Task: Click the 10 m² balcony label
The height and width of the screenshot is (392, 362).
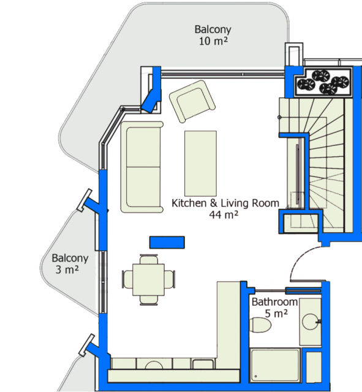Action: pos(213,35)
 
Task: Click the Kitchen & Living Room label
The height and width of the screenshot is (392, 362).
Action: pos(225,208)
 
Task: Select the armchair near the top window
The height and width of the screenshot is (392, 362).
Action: pos(192,101)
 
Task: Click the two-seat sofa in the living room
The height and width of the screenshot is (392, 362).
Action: pos(141,167)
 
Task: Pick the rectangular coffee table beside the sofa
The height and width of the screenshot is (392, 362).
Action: pos(200,164)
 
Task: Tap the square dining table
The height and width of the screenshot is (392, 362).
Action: pos(148,279)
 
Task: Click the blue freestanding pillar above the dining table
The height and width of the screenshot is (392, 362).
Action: pos(167,243)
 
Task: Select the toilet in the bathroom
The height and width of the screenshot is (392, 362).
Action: pos(260,325)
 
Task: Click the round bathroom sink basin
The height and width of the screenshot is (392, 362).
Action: pos(310,322)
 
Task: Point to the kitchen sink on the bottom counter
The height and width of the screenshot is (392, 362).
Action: pos(154,365)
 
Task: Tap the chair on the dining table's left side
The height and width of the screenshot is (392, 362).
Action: pos(127,279)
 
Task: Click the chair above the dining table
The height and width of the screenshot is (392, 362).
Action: pos(149,259)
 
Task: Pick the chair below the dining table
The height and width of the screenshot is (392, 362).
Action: pos(149,300)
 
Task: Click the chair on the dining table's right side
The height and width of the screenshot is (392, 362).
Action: pos(170,279)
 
